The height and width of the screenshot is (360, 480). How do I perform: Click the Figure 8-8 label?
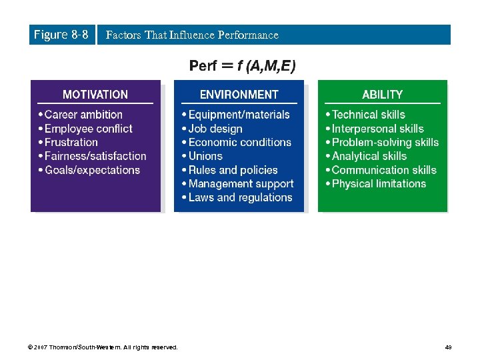click(61, 35)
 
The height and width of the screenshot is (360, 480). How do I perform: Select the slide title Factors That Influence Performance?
click(192, 35)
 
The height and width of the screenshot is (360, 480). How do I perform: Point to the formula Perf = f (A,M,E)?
click(243, 65)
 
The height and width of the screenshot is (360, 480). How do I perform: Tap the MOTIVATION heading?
click(95, 95)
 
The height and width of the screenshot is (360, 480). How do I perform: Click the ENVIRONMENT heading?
click(239, 95)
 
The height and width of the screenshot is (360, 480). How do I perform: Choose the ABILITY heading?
click(382, 95)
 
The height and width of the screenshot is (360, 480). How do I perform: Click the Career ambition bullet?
click(83, 115)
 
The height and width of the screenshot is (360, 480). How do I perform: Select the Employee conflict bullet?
click(88, 129)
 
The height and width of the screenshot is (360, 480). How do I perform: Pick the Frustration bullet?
click(71, 142)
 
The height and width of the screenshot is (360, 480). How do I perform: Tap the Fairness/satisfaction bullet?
click(95, 156)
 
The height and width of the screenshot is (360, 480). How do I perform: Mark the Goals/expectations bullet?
click(92, 170)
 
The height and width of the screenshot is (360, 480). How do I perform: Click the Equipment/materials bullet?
click(239, 115)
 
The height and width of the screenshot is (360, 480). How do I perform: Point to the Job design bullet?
click(215, 129)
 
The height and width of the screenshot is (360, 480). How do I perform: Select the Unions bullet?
click(205, 156)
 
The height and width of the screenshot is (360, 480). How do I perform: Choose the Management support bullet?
click(241, 183)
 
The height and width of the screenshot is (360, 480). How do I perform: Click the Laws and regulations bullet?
click(240, 197)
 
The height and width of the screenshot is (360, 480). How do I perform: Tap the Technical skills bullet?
click(368, 115)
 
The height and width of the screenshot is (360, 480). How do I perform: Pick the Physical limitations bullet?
click(379, 183)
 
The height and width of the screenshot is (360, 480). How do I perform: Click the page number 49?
click(449, 347)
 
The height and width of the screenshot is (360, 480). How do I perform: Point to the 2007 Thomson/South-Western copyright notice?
click(103, 347)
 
